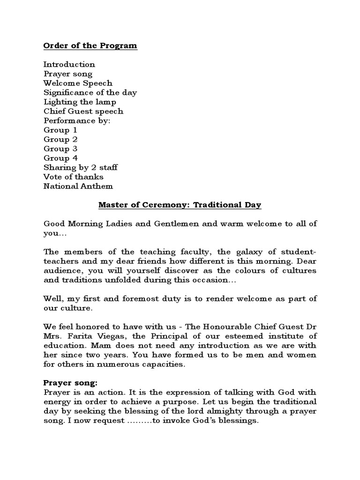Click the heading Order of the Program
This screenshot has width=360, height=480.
90,46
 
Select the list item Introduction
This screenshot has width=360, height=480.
69,65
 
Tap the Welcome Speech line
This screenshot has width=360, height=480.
78,83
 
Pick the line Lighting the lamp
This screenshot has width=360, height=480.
80,102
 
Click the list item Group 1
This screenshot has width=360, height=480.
60,130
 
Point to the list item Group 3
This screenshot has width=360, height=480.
60,149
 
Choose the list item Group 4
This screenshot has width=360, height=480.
60,158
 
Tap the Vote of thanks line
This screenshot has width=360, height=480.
74,177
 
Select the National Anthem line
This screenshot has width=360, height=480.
78,187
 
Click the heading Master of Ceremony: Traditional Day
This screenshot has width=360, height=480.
180,205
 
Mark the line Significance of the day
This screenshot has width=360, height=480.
90,93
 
